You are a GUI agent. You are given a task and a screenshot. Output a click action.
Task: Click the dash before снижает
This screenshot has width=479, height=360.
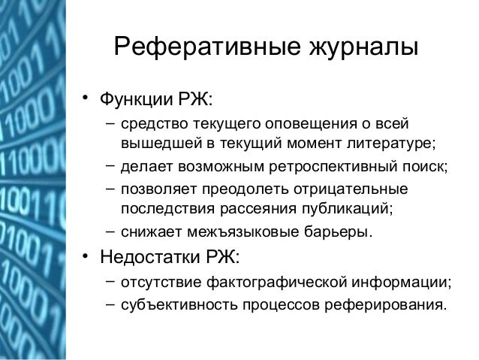[x=110, y=229]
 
